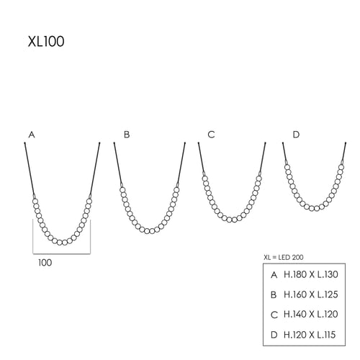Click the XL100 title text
click(45, 42)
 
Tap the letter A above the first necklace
click(31, 135)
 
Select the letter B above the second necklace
click(127, 135)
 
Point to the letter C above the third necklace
click(211, 135)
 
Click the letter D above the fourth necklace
click(297, 135)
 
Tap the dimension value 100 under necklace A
click(45, 263)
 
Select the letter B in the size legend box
click(274, 294)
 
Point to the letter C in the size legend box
click(274, 313)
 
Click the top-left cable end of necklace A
click(26, 144)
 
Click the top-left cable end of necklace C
click(199, 144)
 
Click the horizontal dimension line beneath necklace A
click(61, 254)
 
